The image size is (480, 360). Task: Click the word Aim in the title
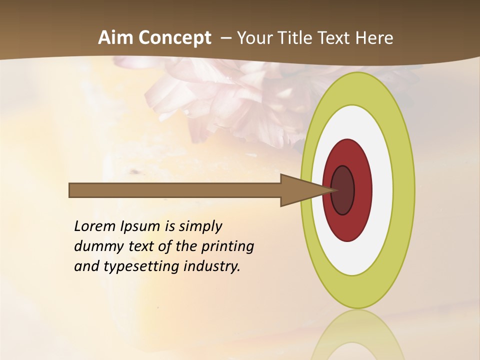click(116, 38)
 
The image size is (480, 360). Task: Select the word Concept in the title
click(175, 38)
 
